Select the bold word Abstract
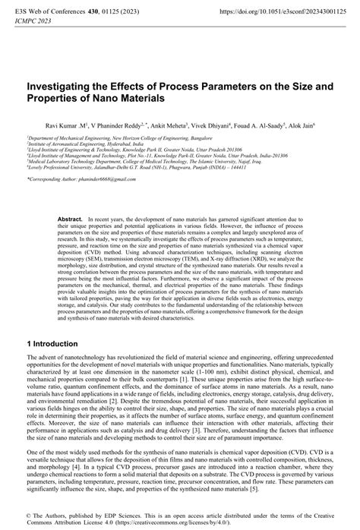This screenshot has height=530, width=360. (x=70, y=218)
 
